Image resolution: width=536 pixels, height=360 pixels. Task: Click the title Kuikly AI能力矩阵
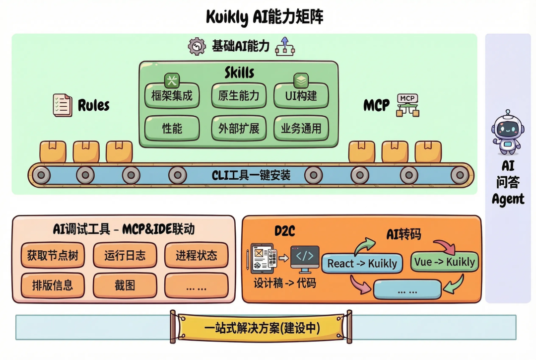tap(265, 16)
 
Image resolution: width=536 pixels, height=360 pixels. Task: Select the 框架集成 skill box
tap(172, 96)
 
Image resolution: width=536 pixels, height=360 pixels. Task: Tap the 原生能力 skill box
tap(239, 96)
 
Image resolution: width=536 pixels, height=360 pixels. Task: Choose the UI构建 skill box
tap(301, 96)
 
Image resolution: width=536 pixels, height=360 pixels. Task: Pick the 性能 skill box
tap(172, 128)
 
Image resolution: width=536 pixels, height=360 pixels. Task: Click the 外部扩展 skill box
tap(239, 128)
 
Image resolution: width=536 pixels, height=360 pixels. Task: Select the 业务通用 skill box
tap(301, 128)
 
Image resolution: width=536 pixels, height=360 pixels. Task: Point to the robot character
tap(507, 132)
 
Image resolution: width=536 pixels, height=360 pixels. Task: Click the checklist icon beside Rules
tap(62, 105)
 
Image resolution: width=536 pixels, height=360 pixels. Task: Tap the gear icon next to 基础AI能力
tap(197, 47)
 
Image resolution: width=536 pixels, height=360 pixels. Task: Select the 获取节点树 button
tap(53, 255)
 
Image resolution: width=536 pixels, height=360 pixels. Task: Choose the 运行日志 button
tap(125, 255)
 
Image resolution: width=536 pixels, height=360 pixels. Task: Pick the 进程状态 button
tap(196, 255)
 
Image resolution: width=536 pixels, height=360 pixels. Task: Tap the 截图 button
tap(125, 285)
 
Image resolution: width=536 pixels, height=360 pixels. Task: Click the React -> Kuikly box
tap(362, 263)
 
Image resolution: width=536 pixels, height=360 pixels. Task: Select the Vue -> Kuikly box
tap(444, 262)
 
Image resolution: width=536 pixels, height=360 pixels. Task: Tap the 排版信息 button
tap(53, 285)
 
